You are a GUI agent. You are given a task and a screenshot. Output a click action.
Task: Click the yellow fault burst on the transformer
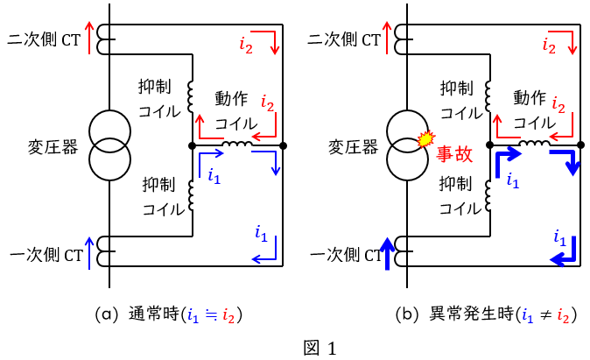(x=426, y=138)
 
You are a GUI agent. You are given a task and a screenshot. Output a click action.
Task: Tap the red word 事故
(x=454, y=154)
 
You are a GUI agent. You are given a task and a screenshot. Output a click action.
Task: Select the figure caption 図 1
(x=320, y=348)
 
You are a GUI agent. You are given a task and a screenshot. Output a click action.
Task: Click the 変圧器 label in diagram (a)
(x=53, y=147)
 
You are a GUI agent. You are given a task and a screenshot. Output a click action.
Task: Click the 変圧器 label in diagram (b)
(x=353, y=147)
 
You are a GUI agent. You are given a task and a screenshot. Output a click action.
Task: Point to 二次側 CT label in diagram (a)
(x=44, y=39)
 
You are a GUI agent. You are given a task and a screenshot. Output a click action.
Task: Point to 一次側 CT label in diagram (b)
(x=346, y=255)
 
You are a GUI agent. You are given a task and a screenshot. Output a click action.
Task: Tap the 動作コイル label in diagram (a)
(x=236, y=110)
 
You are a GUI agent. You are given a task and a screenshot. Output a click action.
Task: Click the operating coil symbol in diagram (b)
(x=534, y=143)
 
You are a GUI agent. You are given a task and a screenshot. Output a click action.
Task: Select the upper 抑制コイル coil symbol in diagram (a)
(x=191, y=96)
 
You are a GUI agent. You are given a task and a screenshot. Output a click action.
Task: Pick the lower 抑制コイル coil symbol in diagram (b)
(x=488, y=195)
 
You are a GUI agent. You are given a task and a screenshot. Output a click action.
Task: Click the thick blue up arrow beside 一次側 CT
(x=387, y=254)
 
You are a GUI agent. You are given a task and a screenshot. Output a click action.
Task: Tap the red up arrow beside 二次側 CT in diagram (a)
(x=89, y=38)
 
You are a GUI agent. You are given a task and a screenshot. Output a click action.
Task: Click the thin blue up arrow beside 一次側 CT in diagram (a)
(x=89, y=253)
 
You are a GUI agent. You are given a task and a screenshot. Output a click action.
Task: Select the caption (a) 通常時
(x=169, y=314)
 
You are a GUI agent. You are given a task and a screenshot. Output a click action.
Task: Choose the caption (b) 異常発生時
(x=486, y=314)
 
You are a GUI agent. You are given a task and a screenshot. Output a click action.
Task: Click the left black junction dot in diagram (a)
(x=192, y=145)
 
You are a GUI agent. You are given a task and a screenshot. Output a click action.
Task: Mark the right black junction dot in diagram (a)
(x=283, y=145)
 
